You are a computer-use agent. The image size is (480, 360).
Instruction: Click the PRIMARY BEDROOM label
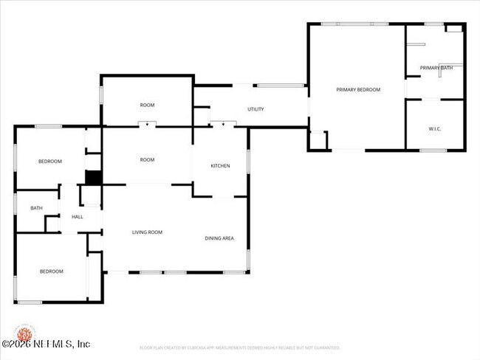pos(358,89)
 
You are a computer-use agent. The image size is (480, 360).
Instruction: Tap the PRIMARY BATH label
pos(436,68)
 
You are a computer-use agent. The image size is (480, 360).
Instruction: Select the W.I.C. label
pos(435,129)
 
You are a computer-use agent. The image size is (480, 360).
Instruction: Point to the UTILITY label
pos(256,109)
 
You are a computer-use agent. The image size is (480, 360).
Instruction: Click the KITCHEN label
pos(220,166)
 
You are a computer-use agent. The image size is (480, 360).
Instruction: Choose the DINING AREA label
pos(219,238)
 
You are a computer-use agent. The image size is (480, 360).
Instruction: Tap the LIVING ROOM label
pos(147,232)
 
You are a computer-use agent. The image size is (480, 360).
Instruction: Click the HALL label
pos(77,217)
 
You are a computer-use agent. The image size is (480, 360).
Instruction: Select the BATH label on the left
pos(36,208)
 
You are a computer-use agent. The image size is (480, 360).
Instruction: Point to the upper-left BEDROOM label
pos(50,161)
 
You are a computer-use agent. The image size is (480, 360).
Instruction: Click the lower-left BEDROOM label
pos(51,271)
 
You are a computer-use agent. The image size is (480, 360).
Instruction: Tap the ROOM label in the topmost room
pos(148,105)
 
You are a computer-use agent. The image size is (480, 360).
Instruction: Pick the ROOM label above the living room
pos(148,159)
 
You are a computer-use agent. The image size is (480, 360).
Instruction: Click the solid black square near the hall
pos(93,178)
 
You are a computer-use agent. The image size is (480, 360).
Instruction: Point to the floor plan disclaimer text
pos(240,347)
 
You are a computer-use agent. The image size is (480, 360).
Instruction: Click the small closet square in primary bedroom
pos(318,139)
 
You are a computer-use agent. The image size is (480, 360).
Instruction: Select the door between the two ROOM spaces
pos(148,125)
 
